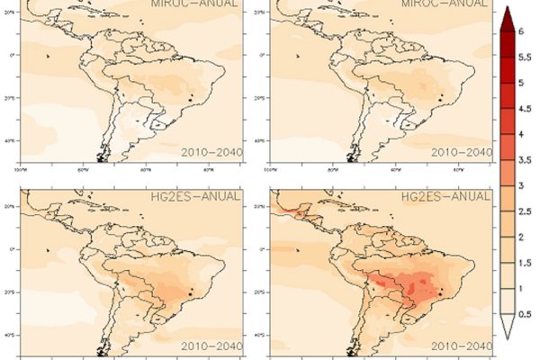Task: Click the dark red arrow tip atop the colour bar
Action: (x=507, y=15)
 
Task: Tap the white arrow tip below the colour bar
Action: (x=507, y=335)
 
